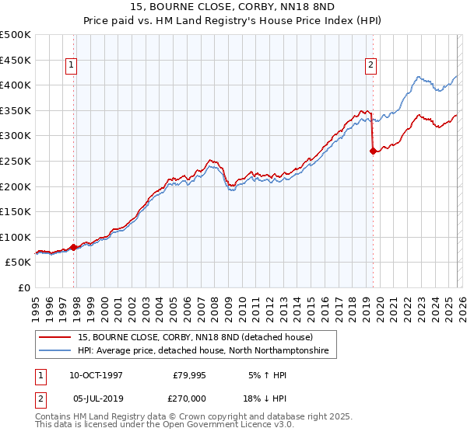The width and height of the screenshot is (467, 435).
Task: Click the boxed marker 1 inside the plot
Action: tap(71, 66)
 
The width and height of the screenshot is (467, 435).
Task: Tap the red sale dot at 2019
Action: tap(373, 151)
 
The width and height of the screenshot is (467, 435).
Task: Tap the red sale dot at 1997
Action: tap(74, 247)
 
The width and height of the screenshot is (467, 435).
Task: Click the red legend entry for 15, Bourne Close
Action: tap(195, 337)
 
